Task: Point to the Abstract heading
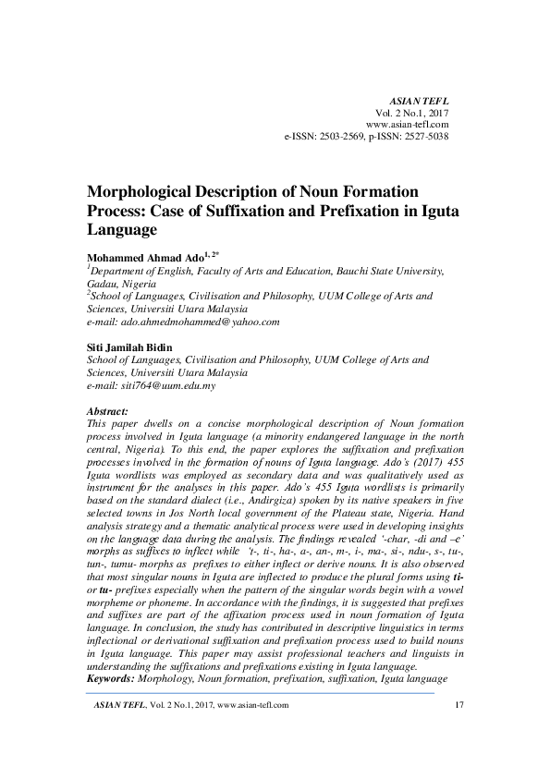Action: (107, 408)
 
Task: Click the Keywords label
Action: (109, 678)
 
